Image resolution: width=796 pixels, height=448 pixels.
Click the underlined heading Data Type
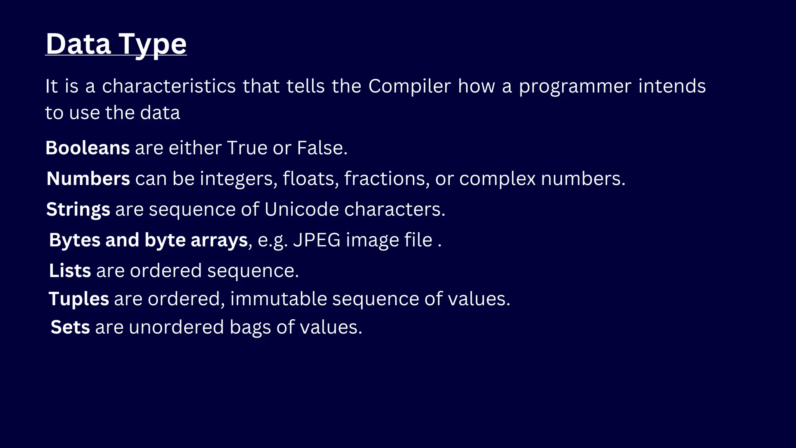[x=116, y=44]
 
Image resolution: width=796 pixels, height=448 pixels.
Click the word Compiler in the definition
[x=409, y=86]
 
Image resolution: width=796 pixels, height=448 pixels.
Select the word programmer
[x=575, y=87]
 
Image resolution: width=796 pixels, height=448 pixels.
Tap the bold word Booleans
[x=87, y=148]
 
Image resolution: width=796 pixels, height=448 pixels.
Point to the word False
[x=322, y=148]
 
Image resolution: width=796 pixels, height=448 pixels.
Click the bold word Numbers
[x=88, y=178]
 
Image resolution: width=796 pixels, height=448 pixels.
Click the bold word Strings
[x=78, y=210]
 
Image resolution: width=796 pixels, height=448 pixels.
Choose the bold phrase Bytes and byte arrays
[x=148, y=240]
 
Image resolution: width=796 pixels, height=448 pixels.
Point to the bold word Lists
[x=70, y=271]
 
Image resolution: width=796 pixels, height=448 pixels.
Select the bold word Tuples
[x=79, y=299]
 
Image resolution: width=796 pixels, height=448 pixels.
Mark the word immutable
[x=279, y=299]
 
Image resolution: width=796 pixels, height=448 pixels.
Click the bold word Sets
[x=70, y=327]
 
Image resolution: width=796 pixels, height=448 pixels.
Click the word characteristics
[x=169, y=86]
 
